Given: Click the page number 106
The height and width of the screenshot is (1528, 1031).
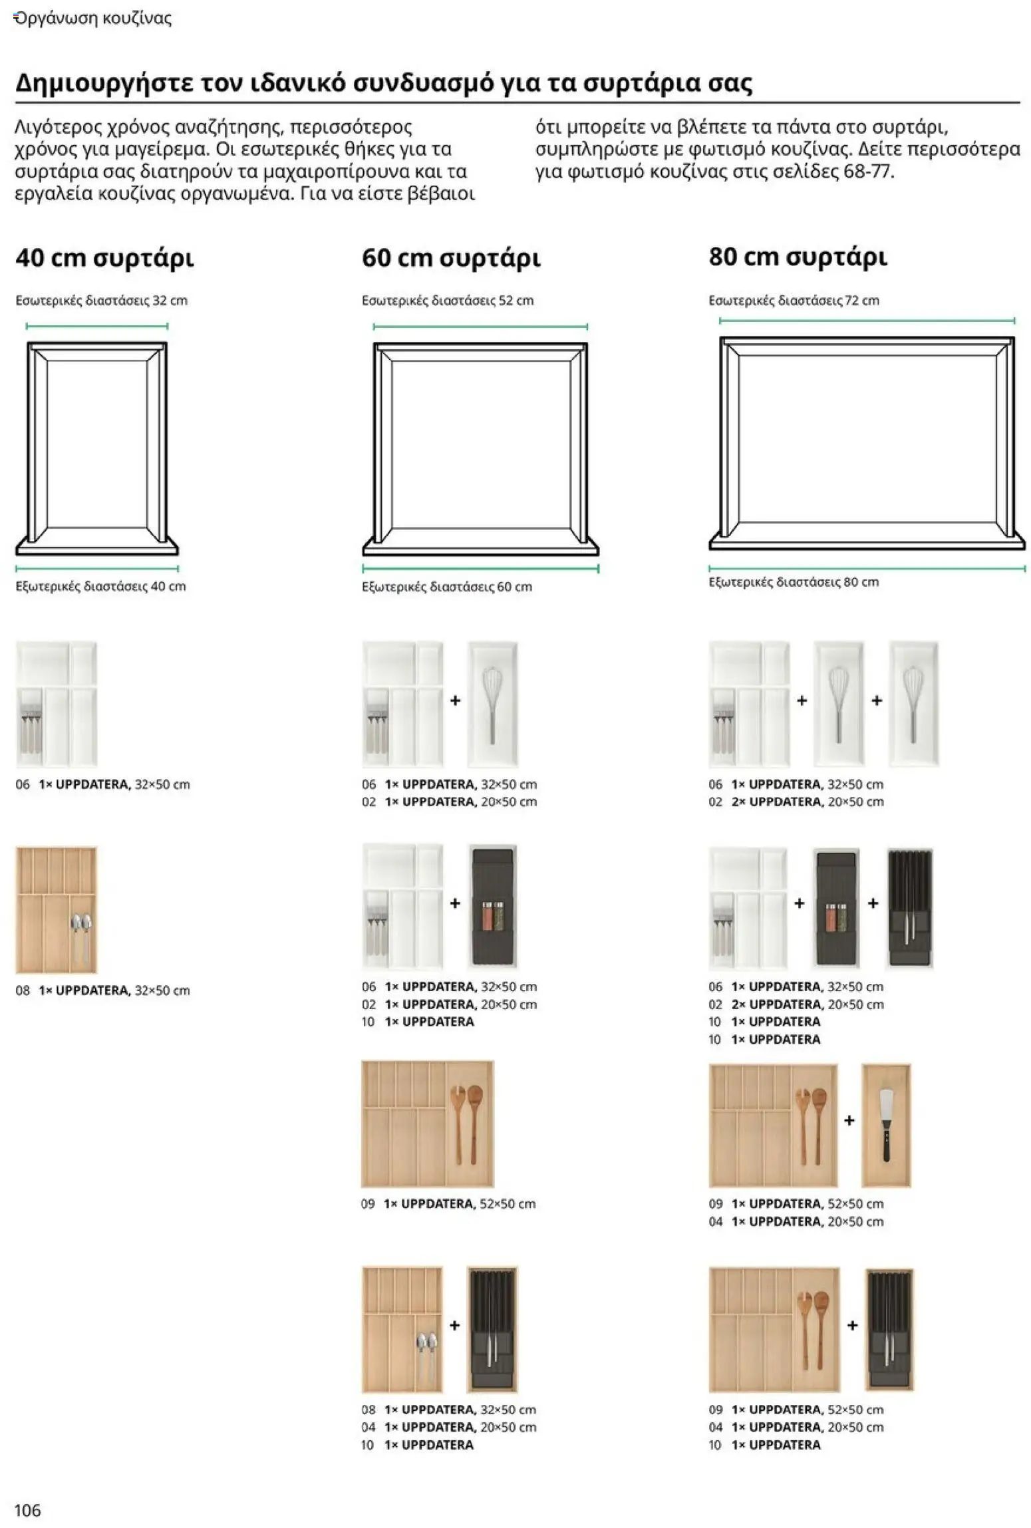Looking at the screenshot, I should point(27,1510).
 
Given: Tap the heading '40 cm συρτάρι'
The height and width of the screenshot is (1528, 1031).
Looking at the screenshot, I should point(104,258).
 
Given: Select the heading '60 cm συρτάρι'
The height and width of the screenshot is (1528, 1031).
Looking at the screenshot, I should point(450,258).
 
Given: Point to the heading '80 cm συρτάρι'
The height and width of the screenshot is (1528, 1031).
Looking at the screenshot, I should point(798,257).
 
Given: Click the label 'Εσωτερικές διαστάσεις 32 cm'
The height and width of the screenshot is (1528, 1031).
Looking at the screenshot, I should point(101,300).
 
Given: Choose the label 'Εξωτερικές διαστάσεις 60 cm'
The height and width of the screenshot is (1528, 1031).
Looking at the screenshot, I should point(446,587).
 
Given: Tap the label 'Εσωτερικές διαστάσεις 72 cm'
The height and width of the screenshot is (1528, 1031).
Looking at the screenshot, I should point(794,300).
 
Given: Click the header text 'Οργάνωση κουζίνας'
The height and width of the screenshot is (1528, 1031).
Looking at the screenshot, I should point(92,19).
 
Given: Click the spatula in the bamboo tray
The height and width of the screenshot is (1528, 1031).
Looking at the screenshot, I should point(886,1124).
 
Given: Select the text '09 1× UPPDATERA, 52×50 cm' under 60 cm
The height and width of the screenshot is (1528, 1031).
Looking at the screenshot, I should point(448,1203).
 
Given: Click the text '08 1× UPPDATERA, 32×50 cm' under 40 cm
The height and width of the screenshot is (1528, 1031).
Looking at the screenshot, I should point(102,990).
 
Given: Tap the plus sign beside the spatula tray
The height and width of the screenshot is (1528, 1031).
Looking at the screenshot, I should point(849,1120).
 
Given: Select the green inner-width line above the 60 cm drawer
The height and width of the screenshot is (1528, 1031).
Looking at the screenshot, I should point(480,327).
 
